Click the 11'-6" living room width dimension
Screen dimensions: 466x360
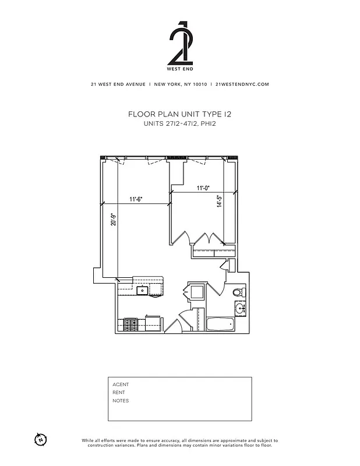(x=136, y=199)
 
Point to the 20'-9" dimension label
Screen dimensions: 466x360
(x=114, y=219)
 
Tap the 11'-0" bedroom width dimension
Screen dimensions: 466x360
(x=203, y=188)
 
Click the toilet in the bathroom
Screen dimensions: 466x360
(x=237, y=292)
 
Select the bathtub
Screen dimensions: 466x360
(x=220, y=324)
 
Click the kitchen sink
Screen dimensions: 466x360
(x=142, y=290)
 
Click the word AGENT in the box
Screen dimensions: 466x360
(x=121, y=384)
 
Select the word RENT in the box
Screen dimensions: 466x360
(x=119, y=393)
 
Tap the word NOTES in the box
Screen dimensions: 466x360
(x=121, y=401)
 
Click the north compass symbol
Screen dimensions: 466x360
(x=40, y=439)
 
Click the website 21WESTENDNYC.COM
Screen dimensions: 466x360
(x=242, y=84)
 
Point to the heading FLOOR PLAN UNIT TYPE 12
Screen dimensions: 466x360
(x=179, y=115)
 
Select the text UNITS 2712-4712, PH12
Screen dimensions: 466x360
(x=179, y=123)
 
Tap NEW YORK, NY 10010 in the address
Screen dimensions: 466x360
(x=180, y=84)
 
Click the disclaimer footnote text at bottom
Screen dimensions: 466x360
(x=179, y=443)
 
